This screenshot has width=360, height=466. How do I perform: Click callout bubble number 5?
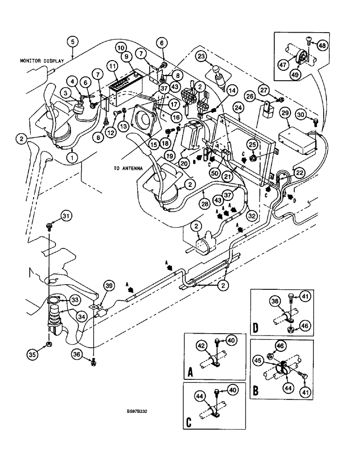tap(72, 41)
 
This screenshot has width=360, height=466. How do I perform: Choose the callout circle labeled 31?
tap(67, 215)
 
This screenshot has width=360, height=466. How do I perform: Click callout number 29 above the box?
tap(297, 113)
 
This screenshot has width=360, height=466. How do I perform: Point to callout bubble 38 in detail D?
tap(276, 302)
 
